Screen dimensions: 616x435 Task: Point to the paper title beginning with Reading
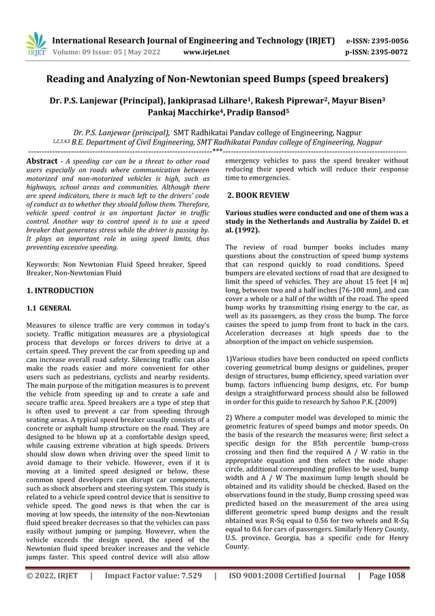(217, 80)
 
